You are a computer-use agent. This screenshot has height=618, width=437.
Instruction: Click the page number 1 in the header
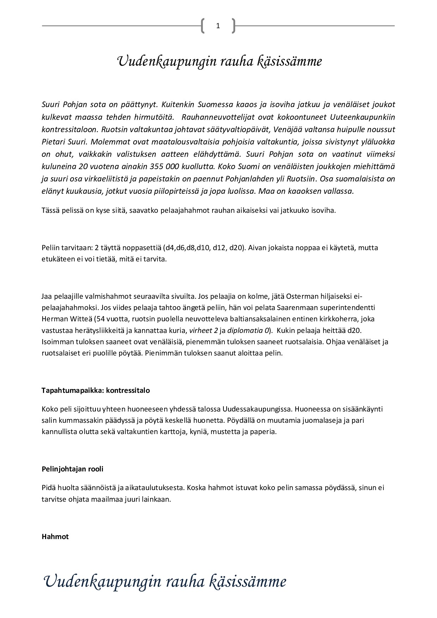[218, 26]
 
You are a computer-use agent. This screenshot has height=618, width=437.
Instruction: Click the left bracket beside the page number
[203, 26]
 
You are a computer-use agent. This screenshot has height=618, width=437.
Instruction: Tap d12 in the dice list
[218, 248]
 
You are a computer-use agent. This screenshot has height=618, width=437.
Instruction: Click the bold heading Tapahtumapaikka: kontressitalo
[96, 390]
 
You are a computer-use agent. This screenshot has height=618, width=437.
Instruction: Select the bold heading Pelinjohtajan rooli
[73, 469]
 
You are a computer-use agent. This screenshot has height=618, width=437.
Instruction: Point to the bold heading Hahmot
[55, 537]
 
